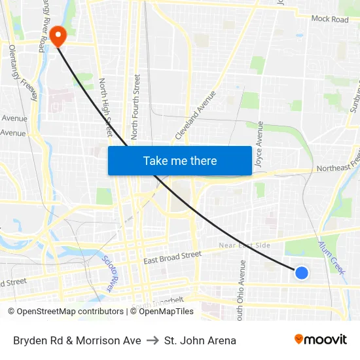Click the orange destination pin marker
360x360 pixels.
pos(58,35)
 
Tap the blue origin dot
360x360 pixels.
pos(301,272)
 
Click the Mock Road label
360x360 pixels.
pos(330,20)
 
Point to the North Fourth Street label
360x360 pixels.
pos(136,106)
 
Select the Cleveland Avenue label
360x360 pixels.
pos(196,115)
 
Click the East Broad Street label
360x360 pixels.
pos(172,257)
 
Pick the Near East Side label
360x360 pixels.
pos(244,245)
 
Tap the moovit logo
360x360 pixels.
pos(321,340)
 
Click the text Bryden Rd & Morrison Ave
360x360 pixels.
pos(77,340)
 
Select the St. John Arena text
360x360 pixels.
pos(200,340)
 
